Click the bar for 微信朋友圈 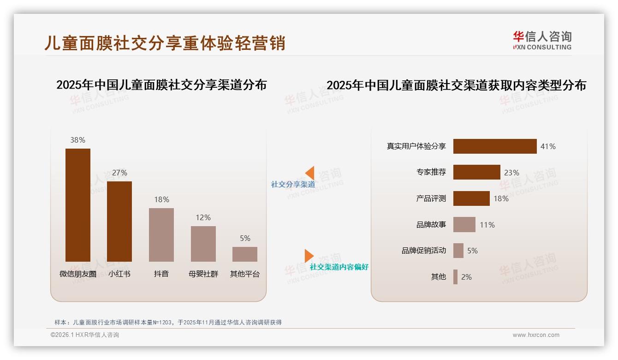[x=77, y=205]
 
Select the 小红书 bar [x=119, y=222]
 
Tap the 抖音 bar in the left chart [x=161, y=235]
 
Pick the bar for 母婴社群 [x=203, y=244]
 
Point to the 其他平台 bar [x=245, y=254]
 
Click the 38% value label [x=77, y=140]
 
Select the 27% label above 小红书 [x=119, y=173]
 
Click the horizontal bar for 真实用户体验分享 [x=495, y=146]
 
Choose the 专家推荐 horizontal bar [x=476, y=172]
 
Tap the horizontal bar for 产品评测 [x=471, y=198]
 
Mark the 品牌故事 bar [x=464, y=225]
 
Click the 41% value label [x=548, y=146]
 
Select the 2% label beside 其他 [x=466, y=277]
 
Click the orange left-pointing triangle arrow [x=310, y=173]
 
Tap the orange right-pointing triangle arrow [x=309, y=256]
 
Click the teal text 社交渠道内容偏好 [x=339, y=267]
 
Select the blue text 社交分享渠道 [x=293, y=185]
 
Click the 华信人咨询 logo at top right [x=542, y=40]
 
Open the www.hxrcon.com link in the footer [x=535, y=335]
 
